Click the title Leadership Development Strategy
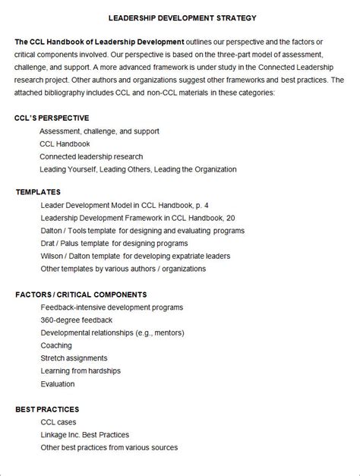182,17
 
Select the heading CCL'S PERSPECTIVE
52,118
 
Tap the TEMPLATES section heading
38,192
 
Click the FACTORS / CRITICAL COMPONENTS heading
81,295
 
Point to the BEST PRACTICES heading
47,409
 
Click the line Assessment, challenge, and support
99,131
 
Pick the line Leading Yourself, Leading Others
138,169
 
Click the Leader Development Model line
125,205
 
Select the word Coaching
56,345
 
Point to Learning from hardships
84,371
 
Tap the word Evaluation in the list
58,384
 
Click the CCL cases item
60,422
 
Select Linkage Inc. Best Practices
85,435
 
